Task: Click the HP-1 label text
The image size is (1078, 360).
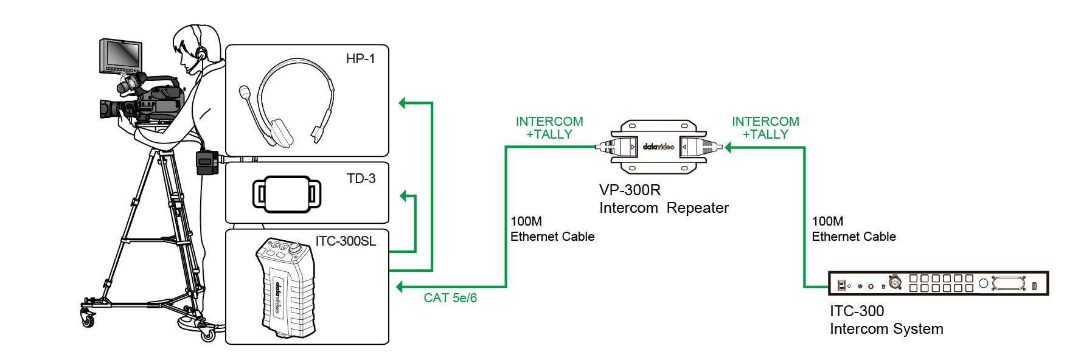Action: (360, 59)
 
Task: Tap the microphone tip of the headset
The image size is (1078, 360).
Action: (245, 92)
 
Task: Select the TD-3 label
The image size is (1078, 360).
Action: (361, 179)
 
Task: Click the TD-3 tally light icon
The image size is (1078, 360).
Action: (287, 194)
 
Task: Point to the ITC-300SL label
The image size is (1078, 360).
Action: (346, 241)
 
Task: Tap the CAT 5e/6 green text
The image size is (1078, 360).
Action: (450, 298)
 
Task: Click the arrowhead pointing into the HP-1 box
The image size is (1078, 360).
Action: (403, 103)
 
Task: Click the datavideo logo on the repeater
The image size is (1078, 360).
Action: (658, 147)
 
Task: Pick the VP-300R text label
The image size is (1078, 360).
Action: (630, 190)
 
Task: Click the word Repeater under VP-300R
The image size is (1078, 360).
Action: (697, 208)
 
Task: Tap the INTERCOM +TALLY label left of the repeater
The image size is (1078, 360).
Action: (549, 128)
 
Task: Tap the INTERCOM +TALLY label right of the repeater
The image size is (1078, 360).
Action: (765, 128)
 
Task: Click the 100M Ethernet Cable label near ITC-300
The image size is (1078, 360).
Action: (854, 229)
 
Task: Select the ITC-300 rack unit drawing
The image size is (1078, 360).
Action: (938, 283)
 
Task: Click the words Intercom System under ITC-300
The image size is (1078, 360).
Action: (886, 329)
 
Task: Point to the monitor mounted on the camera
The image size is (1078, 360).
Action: (121, 56)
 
